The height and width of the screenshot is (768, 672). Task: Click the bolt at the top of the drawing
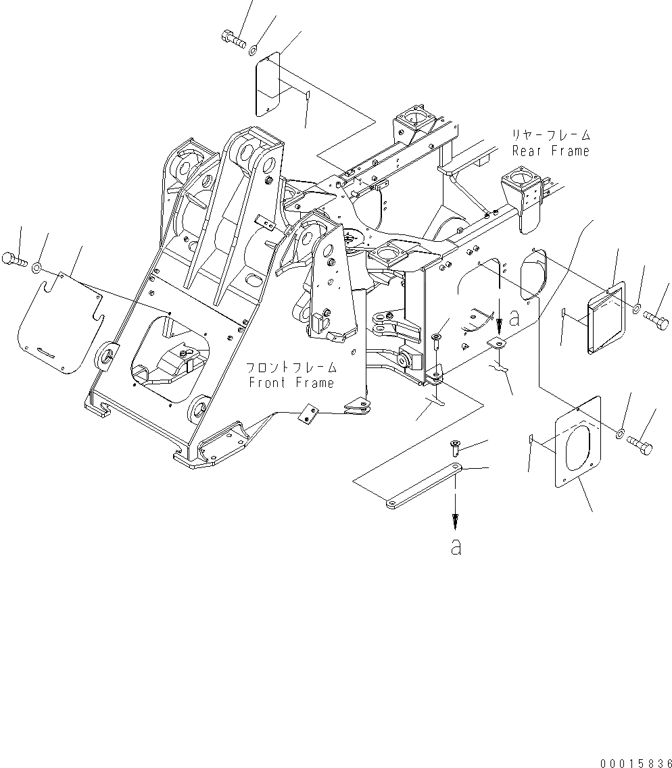point(233,39)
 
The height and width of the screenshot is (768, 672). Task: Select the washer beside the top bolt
point(253,49)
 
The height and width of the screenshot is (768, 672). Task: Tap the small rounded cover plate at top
point(268,84)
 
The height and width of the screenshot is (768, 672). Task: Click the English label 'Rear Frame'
point(550,151)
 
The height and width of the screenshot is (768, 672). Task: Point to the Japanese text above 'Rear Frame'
point(550,135)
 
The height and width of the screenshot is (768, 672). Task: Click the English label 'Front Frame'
point(291,383)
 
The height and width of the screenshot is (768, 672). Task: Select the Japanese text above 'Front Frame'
point(291,368)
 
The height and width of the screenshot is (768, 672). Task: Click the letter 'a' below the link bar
point(456,547)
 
